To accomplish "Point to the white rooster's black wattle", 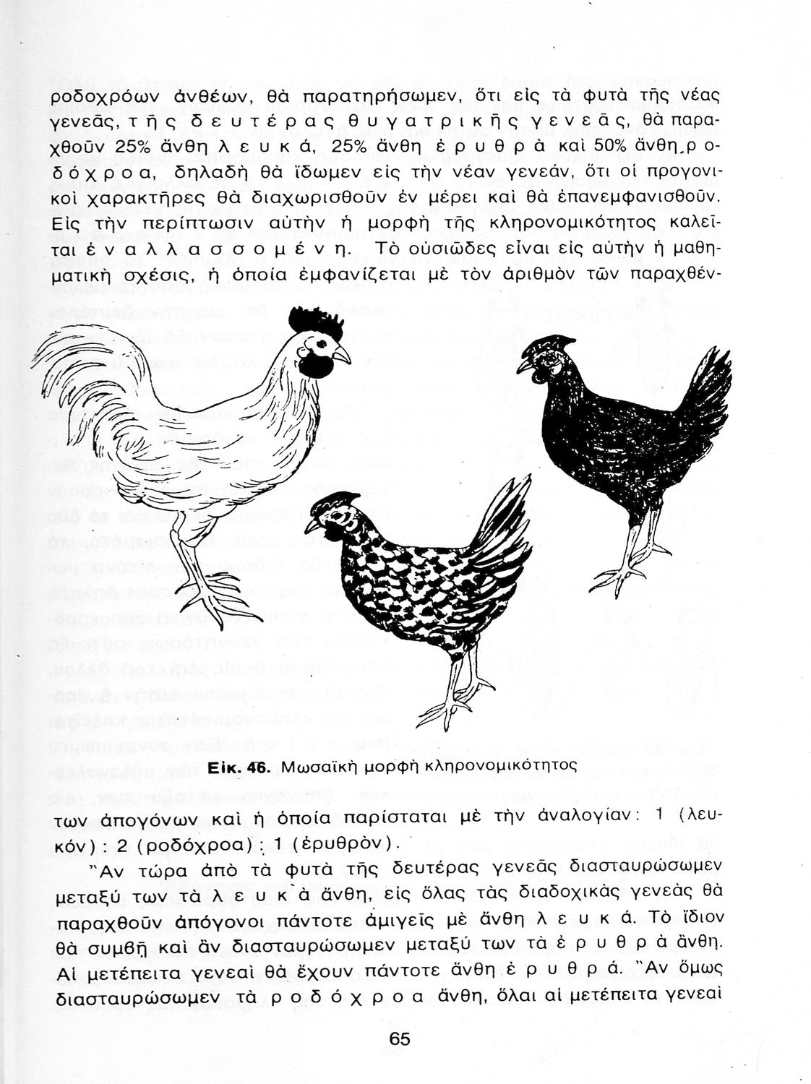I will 314,366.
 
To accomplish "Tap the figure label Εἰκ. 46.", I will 238,767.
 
